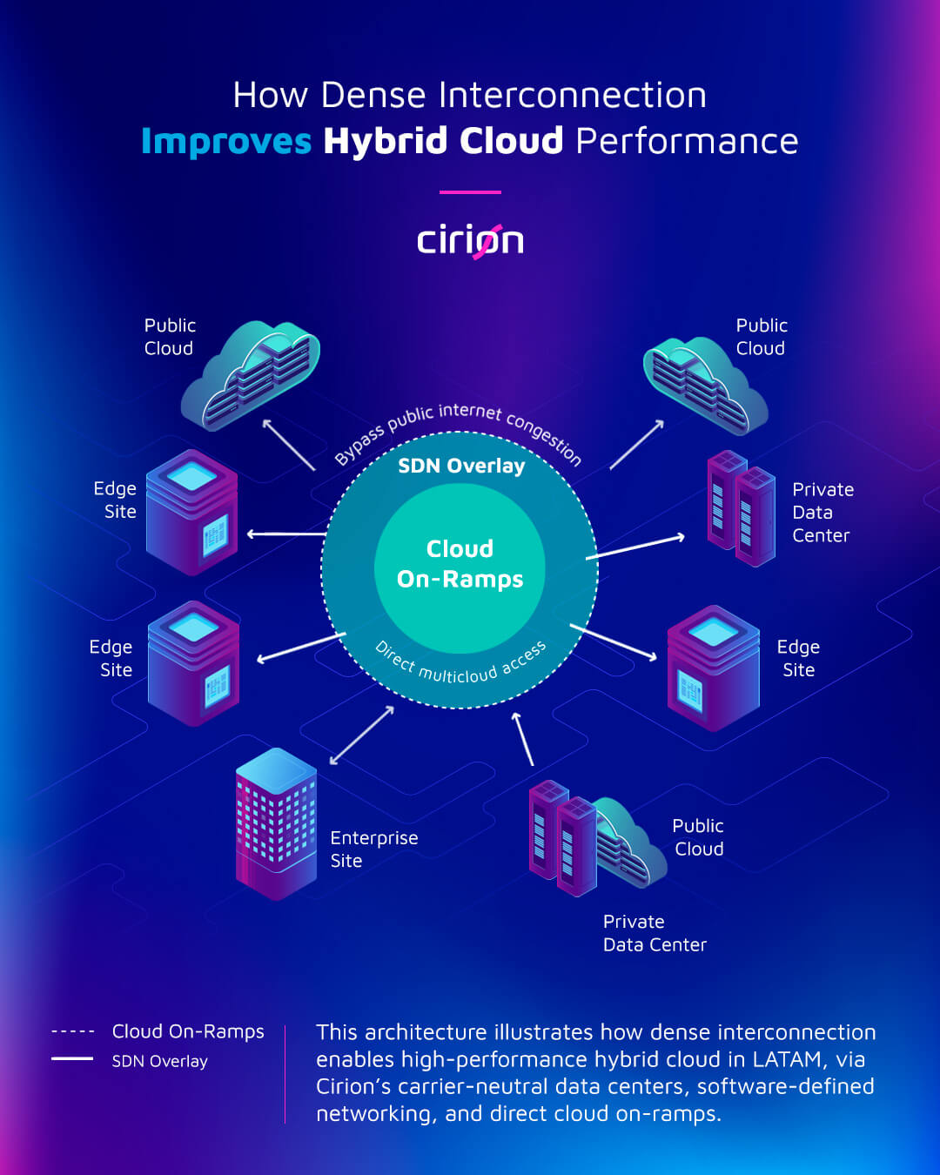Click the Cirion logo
(x=470, y=241)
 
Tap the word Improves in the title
(x=226, y=141)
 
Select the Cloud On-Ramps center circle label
(x=460, y=564)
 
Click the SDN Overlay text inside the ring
(x=461, y=466)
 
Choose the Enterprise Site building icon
(x=276, y=822)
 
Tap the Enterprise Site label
(x=373, y=849)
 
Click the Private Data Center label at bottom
(x=655, y=933)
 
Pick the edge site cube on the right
(x=713, y=668)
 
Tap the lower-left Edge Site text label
(x=111, y=658)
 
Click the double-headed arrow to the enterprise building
(x=362, y=735)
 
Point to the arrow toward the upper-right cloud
(x=637, y=445)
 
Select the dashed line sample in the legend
(x=73, y=1031)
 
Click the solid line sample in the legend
(x=72, y=1058)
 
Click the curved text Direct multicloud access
(x=461, y=667)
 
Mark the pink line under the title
(x=470, y=191)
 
